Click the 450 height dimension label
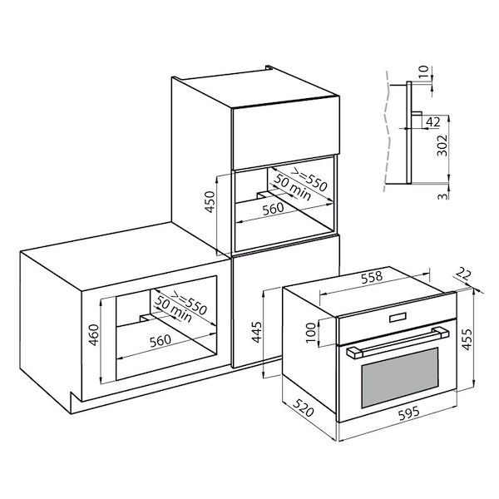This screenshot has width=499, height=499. click(x=210, y=202)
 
